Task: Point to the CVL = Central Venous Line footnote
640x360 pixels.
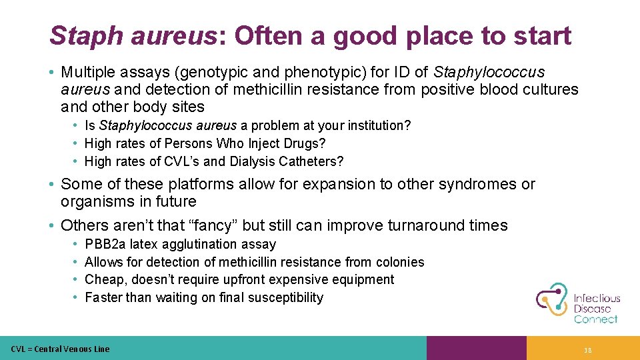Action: [60, 349]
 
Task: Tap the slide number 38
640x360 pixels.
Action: [587, 350]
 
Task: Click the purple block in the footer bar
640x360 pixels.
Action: [476, 348]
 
